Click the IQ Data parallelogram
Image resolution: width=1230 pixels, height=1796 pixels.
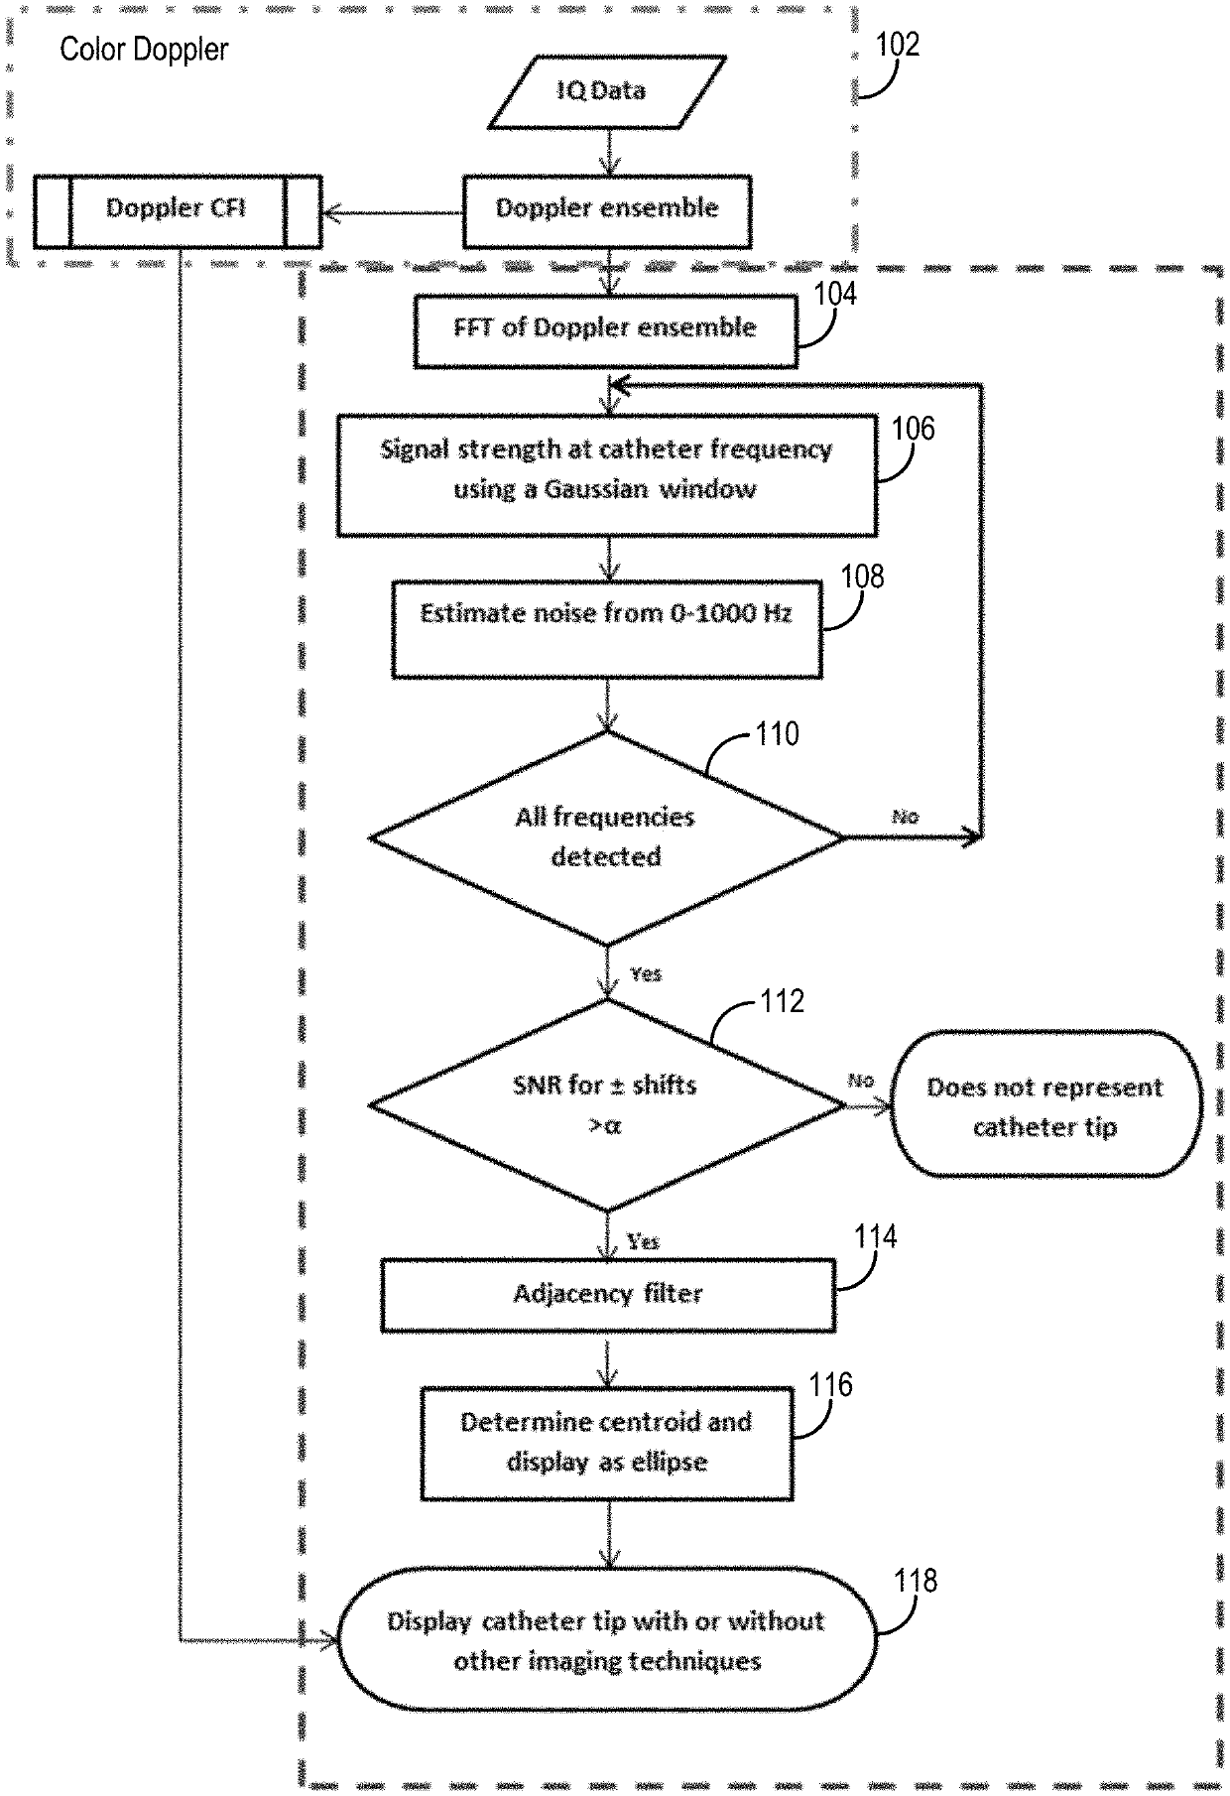607,91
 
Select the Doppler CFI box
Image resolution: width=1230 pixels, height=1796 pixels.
178,211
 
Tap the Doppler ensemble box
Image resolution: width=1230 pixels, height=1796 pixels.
607,211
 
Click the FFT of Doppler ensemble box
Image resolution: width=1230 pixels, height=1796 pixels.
605,330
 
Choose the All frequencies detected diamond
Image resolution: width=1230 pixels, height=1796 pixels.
607,837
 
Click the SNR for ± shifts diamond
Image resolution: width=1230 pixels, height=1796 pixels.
607,1104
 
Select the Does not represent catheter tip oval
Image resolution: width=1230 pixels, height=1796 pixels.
1045,1104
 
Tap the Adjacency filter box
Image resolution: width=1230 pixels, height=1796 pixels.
608,1295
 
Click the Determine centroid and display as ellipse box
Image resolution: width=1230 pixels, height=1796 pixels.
607,1443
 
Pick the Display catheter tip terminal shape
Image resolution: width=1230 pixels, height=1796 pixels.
607,1640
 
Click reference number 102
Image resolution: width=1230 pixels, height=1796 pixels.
898,45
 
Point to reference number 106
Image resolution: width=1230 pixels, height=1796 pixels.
913,429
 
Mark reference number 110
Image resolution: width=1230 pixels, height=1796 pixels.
777,734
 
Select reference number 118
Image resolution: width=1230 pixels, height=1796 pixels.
915,1581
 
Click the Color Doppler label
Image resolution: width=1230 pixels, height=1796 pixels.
144,50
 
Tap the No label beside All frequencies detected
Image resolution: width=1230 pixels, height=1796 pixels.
905,817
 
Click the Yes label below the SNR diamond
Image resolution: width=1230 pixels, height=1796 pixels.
643,1241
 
